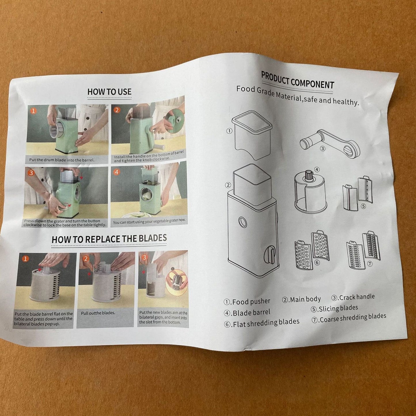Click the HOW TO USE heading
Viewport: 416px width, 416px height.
point(109,92)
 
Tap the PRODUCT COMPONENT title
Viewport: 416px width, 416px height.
point(297,80)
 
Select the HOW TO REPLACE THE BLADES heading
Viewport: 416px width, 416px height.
point(109,239)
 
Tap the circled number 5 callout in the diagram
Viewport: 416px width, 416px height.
point(363,206)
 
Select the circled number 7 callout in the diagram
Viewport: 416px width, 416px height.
point(370,264)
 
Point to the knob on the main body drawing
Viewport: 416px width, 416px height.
point(270,254)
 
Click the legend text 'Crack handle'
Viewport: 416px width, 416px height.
point(357,297)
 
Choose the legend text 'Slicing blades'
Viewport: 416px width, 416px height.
point(338,308)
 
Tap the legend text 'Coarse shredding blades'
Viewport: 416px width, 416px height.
point(353,318)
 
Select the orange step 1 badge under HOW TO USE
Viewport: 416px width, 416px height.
point(33,111)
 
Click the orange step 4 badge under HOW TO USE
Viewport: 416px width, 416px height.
point(117,172)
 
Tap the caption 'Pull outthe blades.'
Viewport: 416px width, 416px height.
point(98,313)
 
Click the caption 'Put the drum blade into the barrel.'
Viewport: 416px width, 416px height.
point(62,160)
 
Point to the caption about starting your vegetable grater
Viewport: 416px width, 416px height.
point(149,221)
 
